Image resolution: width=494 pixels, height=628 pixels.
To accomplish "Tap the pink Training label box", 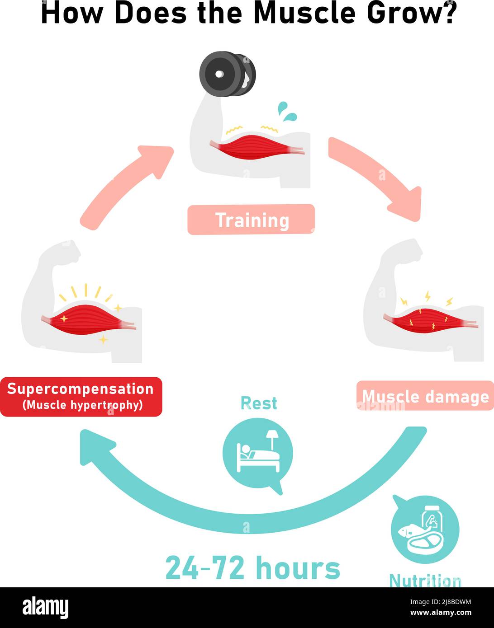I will click(x=251, y=220).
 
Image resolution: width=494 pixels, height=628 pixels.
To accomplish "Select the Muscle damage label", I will click(x=425, y=396).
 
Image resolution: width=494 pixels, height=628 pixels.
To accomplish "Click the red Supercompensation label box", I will click(x=81, y=396).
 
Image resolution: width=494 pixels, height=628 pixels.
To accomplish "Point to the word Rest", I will click(x=258, y=403).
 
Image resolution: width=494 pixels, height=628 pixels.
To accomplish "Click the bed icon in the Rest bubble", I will click(x=258, y=454).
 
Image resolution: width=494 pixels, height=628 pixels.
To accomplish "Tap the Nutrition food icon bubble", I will click(x=425, y=530).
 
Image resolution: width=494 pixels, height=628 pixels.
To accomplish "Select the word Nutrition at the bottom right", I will click(x=425, y=580).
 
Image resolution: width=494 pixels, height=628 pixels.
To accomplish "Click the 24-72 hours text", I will click(x=252, y=568).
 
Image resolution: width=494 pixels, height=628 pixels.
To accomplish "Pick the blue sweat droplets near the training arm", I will click(x=287, y=111).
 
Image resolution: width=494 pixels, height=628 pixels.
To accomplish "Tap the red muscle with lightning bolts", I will click(x=427, y=320).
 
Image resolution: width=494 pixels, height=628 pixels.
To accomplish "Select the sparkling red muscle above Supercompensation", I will click(x=88, y=320).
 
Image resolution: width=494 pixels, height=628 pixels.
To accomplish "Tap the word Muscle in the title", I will click(x=305, y=13).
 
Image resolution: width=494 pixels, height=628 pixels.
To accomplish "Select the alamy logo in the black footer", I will click(x=45, y=608).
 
